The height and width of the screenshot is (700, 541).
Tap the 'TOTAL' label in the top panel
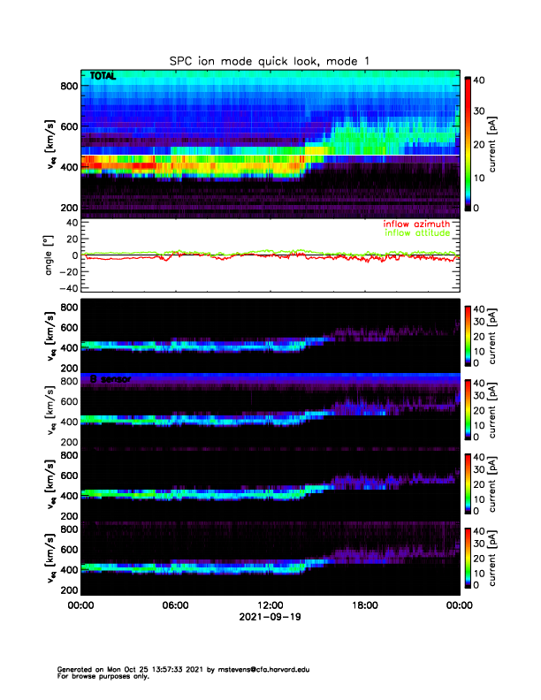click(x=103, y=77)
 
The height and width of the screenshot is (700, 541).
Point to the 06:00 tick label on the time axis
click(x=175, y=605)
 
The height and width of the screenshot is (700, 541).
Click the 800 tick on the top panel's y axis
click(x=66, y=85)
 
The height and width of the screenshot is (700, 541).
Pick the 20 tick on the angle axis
click(x=68, y=238)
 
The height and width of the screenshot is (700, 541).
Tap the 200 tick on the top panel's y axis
click(x=66, y=208)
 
